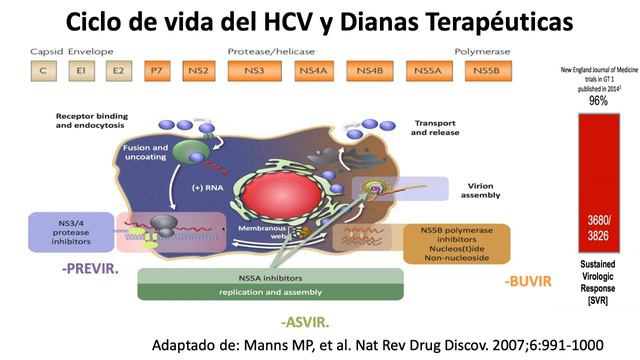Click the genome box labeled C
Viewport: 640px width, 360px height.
[x=44, y=70]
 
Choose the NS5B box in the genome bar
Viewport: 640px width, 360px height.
[x=485, y=70]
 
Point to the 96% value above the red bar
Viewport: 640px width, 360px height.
[x=598, y=101]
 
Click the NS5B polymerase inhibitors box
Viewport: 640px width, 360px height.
[x=458, y=242]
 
